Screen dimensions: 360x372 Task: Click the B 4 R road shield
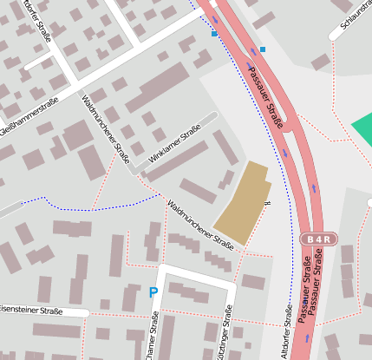[x=318, y=239]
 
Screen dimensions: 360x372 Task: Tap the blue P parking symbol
[x=153, y=293]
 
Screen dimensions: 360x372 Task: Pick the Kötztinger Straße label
[x=227, y=331]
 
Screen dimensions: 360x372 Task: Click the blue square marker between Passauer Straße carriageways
[x=262, y=49]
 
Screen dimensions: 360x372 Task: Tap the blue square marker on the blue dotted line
[x=214, y=34]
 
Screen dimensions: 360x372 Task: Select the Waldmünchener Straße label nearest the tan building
[x=200, y=225]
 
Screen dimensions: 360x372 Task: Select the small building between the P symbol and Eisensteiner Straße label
[x=105, y=304]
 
